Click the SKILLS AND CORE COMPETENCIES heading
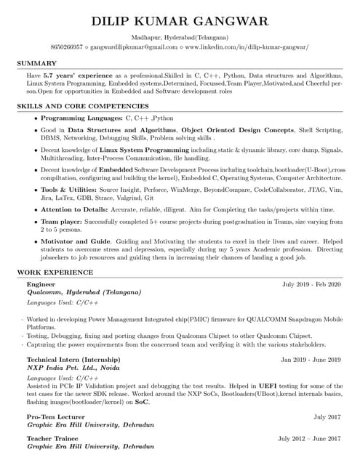click(79, 106)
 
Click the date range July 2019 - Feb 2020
click(311, 284)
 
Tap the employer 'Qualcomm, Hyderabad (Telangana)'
click(84, 292)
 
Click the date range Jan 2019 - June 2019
click(311, 360)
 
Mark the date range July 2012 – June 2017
click(309, 439)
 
